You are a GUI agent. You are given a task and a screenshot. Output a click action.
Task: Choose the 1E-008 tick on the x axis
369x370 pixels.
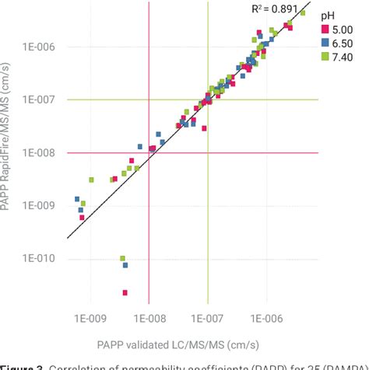(148, 318)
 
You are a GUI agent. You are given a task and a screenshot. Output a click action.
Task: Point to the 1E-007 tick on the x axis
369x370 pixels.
(207, 318)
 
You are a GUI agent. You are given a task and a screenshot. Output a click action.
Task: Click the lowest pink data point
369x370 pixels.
(125, 292)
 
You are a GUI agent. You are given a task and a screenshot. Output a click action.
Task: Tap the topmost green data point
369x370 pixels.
(303, 13)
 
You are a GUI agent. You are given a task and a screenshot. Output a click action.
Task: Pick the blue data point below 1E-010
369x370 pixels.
(125, 265)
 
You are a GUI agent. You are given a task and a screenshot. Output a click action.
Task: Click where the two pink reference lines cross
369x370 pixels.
(149, 152)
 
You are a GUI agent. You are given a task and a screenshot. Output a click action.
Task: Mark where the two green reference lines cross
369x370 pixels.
(208, 99)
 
